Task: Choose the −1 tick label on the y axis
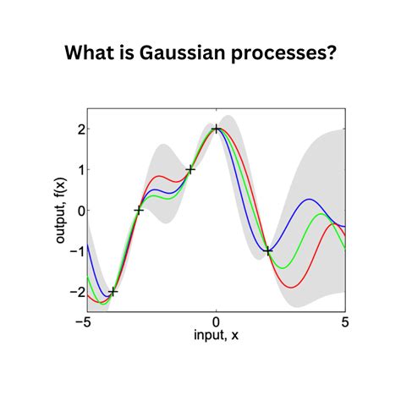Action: (74, 251)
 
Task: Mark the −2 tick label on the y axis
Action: (74, 292)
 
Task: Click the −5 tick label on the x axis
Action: (84, 322)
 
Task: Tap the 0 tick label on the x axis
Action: (217, 322)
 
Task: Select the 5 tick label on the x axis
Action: (345, 322)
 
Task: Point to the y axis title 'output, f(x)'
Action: (60, 210)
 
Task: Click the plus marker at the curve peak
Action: (217, 129)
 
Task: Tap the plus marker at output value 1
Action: (190, 169)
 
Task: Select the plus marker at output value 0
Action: (139, 210)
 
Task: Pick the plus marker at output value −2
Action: (113, 291)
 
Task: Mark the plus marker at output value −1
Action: (268, 250)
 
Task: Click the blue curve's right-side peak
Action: (310, 200)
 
